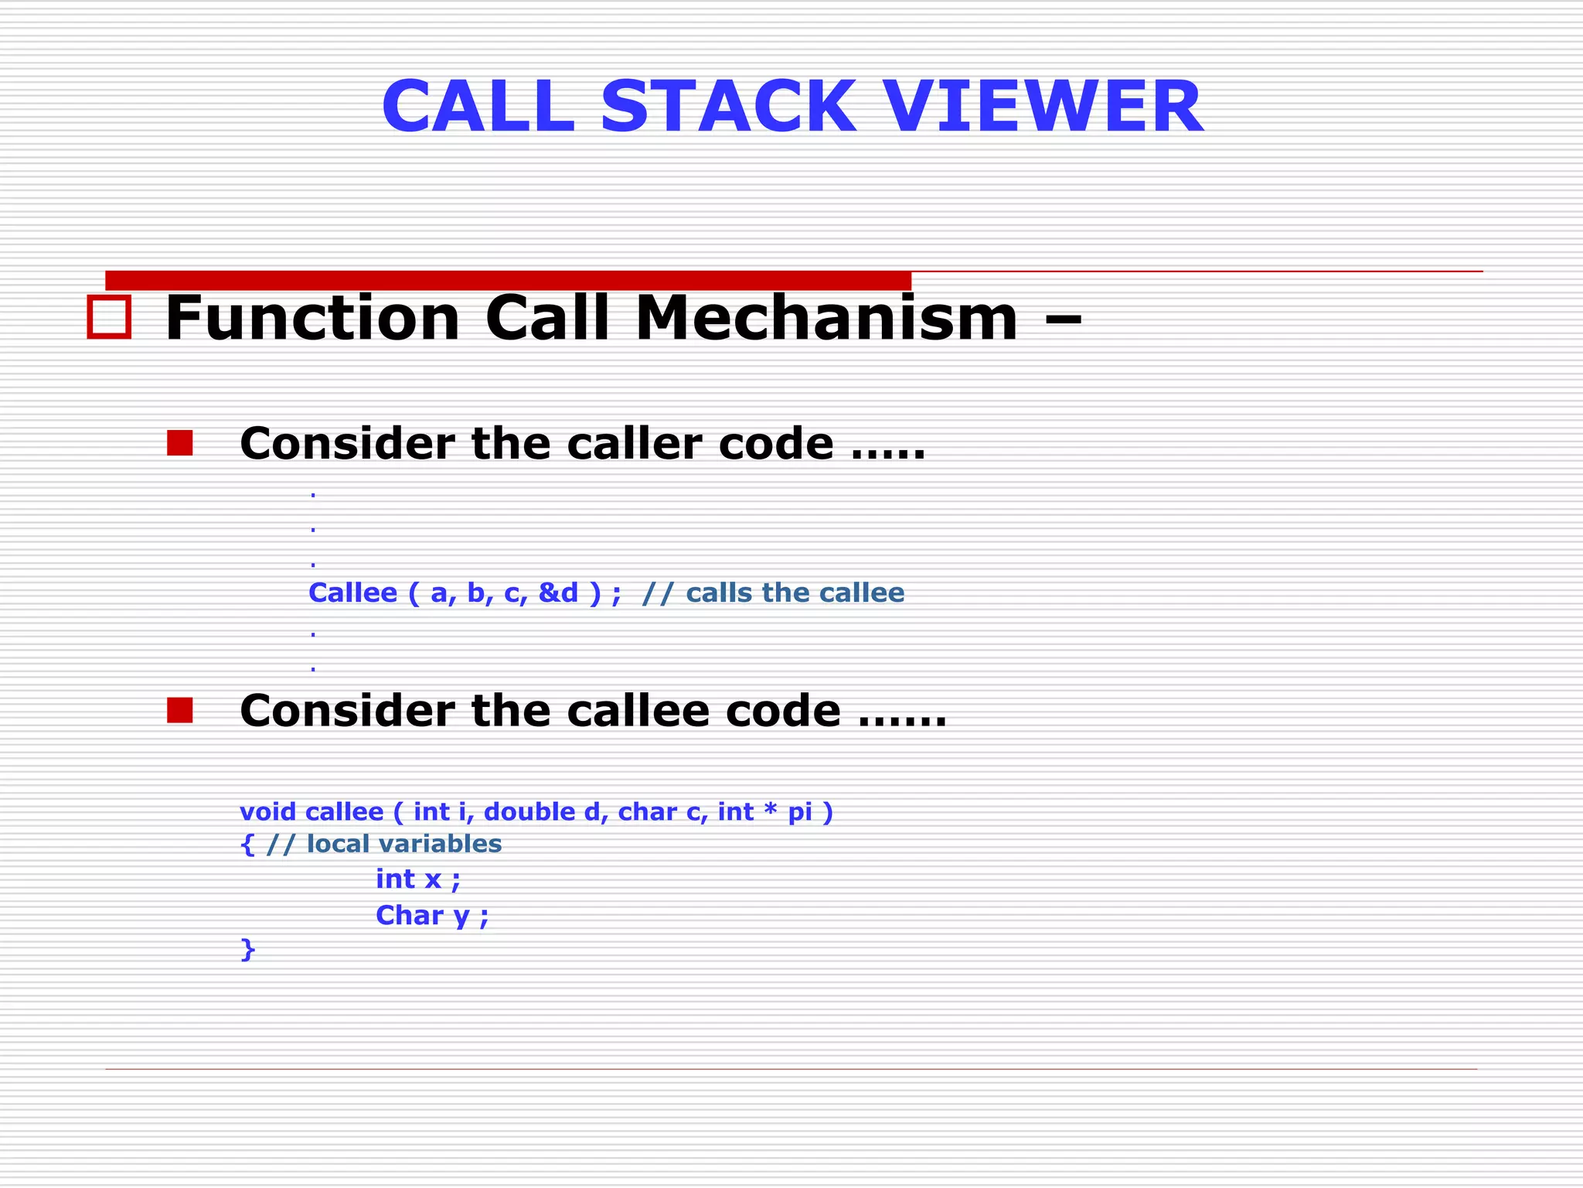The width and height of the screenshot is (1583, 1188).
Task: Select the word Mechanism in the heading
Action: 826,318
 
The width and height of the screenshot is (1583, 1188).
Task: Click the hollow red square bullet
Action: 109,317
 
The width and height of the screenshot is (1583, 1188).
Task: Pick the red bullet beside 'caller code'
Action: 179,443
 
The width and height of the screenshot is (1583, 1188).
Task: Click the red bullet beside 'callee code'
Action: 179,710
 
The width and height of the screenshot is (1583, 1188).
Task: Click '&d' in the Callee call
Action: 558,592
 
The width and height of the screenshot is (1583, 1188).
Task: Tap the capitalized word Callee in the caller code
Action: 352,592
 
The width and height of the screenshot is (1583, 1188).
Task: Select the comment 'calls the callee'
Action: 795,592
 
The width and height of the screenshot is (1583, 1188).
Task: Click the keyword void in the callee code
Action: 267,811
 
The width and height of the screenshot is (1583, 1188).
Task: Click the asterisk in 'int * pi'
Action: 770,810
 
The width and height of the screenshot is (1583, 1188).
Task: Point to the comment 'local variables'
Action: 403,843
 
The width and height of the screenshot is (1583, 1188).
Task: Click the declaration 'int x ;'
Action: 417,879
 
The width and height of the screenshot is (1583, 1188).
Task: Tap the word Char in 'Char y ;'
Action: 409,915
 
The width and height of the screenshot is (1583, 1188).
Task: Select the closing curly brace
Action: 247,949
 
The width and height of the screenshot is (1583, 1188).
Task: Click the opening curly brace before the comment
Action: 247,844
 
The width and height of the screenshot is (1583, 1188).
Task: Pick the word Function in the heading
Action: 313,318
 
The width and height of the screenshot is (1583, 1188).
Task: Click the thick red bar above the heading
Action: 508,280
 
